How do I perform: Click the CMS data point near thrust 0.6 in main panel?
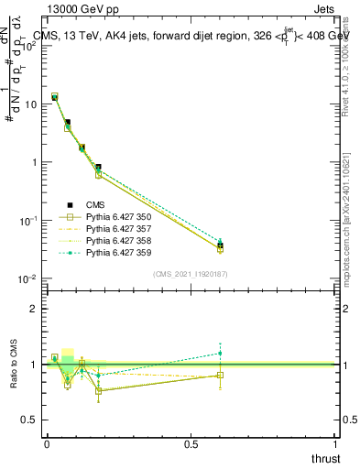point(220,245)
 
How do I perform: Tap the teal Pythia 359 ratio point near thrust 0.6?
point(220,353)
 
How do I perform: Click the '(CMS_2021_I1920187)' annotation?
point(191,273)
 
